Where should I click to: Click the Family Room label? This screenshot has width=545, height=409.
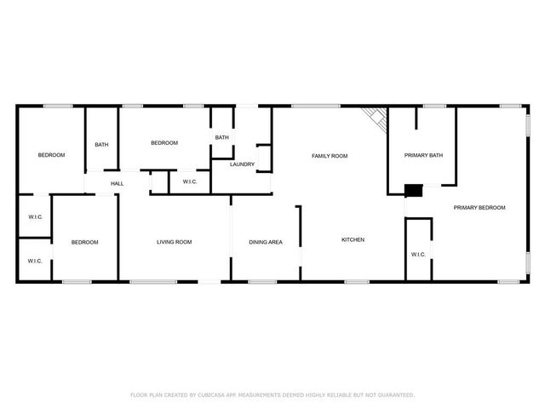tap(330, 156)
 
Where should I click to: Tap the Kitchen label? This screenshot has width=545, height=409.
tap(353, 240)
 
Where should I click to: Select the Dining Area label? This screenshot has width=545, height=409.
tap(265, 243)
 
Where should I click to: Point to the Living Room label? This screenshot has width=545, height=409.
tap(174, 243)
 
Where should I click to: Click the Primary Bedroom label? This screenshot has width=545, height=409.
tap(479, 208)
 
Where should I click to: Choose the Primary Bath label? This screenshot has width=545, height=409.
tap(423, 156)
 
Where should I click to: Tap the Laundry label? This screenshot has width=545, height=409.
tap(242, 164)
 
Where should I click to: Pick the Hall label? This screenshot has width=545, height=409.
tap(117, 183)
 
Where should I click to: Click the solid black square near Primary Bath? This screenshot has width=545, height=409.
tap(413, 191)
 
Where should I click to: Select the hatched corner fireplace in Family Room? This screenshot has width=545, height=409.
tap(376, 119)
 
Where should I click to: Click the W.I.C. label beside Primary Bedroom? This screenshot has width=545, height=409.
tap(418, 255)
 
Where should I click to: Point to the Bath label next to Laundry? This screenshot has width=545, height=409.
tap(221, 138)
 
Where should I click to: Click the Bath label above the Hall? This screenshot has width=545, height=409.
tap(101, 145)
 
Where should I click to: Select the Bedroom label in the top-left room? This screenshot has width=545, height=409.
tap(51, 155)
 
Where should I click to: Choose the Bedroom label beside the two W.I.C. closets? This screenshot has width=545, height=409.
tap(84, 243)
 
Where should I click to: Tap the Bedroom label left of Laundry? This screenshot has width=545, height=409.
tap(164, 143)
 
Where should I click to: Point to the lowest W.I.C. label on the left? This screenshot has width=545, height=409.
tap(35, 261)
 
